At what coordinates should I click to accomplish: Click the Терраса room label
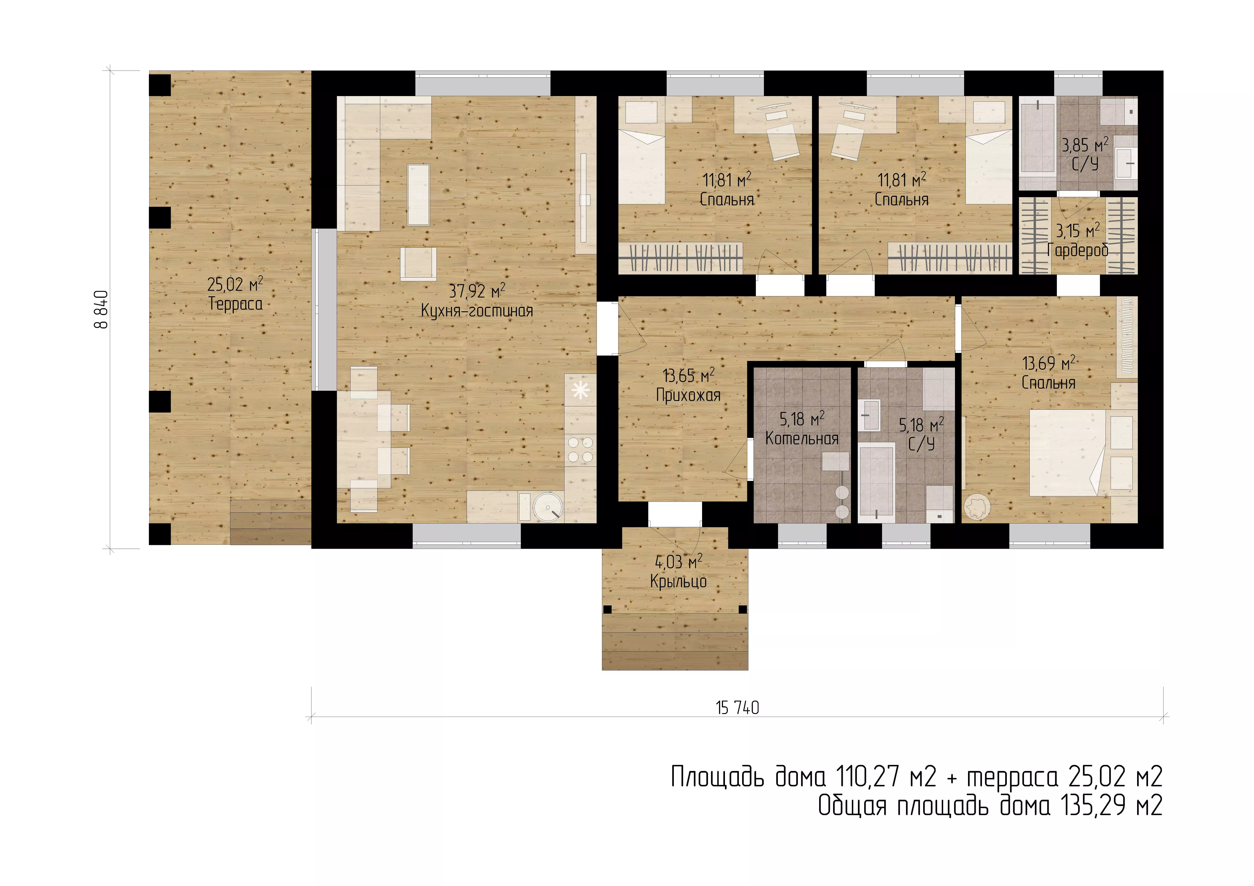click(x=235, y=304)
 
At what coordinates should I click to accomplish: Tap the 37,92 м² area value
click(x=477, y=291)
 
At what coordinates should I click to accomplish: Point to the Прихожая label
click(x=688, y=395)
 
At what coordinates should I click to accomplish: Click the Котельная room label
click(x=802, y=438)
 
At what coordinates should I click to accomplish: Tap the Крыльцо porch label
click(x=678, y=581)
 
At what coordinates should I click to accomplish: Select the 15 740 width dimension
click(x=737, y=708)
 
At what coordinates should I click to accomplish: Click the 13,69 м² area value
click(x=1049, y=363)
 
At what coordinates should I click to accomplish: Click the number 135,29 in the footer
click(x=1095, y=805)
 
